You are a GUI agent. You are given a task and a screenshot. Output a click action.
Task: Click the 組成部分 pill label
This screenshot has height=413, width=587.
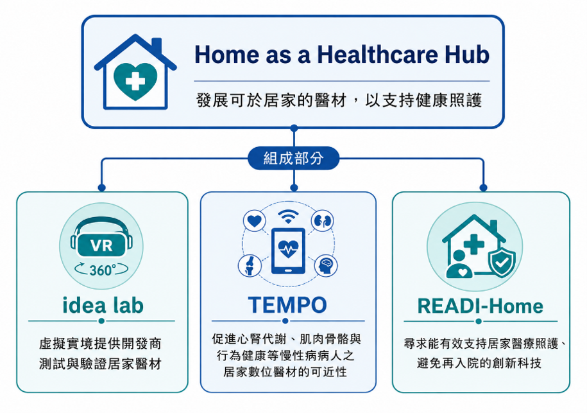coord(294,158)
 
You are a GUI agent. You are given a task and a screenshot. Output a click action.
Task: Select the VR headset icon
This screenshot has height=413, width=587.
coord(101,239)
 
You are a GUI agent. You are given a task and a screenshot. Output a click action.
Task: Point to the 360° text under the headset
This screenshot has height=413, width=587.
coord(102,270)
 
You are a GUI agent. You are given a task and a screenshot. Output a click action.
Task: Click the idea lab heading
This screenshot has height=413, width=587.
coord(103,306)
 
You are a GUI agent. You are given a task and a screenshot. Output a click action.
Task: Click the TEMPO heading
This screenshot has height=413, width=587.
coord(287,305)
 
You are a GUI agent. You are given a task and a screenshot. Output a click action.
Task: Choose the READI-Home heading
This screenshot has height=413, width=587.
coord(481,306)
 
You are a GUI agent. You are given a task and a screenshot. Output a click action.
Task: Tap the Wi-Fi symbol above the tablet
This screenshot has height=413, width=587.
coord(288,217)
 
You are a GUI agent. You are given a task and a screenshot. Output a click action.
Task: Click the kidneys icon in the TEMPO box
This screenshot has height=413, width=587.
coord(322,221)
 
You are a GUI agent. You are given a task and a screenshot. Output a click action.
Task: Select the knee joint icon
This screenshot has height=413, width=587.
coord(250,265)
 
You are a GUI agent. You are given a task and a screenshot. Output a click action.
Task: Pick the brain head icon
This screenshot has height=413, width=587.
coord(326,266)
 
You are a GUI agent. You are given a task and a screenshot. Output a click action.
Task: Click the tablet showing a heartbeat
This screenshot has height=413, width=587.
coord(288,250)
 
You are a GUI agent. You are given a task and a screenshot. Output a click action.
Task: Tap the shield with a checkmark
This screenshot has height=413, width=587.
coord(502,259)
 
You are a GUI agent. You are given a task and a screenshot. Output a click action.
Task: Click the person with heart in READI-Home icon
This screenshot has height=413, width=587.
coord(459,265)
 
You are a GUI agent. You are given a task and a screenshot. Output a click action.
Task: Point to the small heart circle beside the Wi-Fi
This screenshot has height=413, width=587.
coord(255,221)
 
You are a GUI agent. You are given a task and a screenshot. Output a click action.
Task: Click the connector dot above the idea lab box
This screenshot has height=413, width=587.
coord(101,188)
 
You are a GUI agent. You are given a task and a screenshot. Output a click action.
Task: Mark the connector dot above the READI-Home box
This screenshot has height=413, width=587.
coord(483,188)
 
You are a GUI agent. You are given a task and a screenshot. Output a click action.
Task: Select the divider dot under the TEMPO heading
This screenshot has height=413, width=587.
coord(285,321)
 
